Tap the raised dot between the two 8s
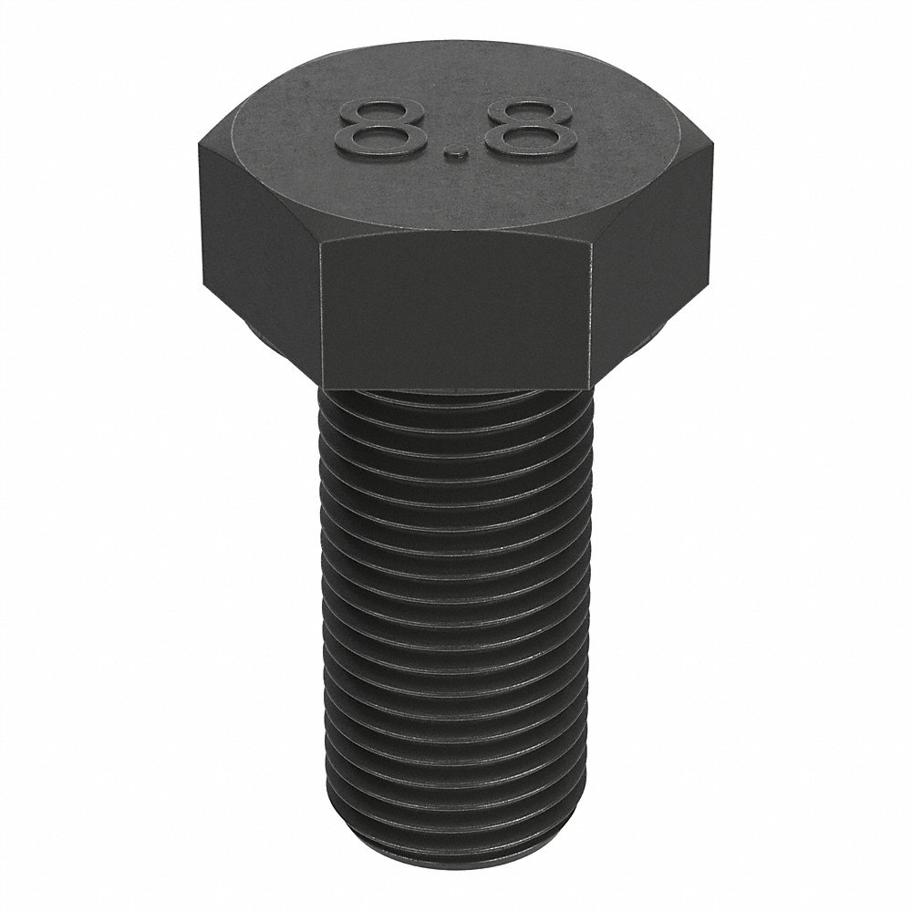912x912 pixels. point(456,159)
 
